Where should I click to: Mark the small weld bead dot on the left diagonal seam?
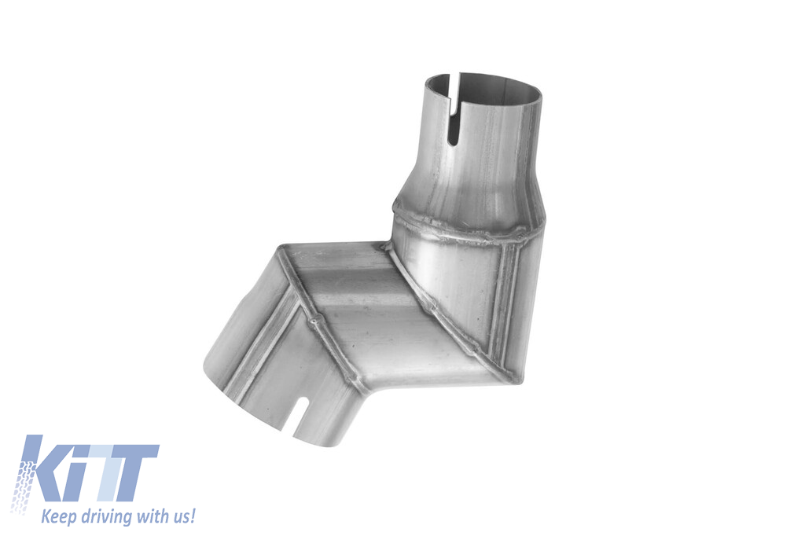pyautogui.click(x=312, y=321)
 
